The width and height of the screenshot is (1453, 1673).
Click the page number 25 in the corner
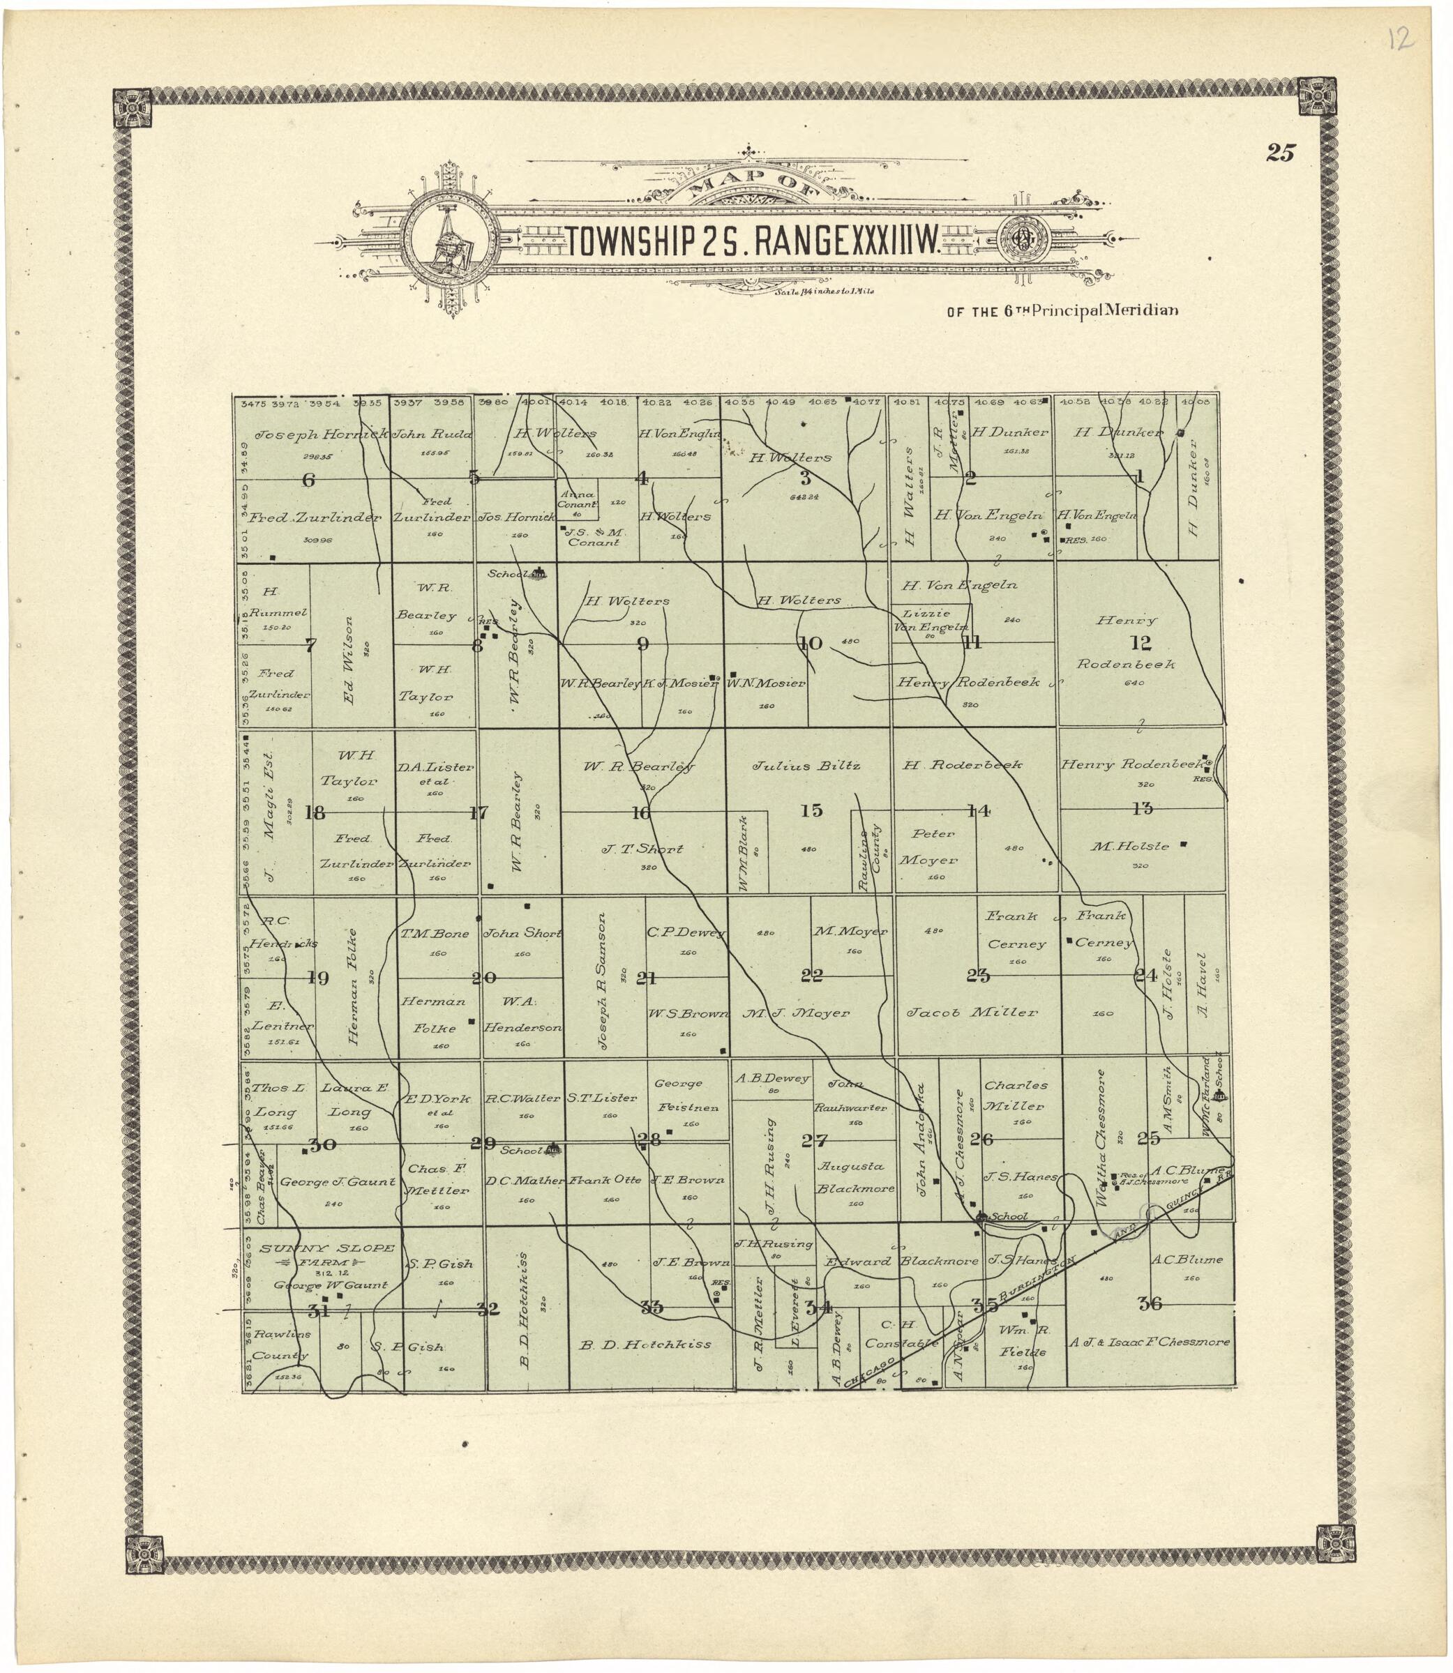1281,153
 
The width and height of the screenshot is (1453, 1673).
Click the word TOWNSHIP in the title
629,241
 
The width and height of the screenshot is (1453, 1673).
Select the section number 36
1150,1303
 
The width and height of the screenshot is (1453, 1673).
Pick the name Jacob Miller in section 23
972,1013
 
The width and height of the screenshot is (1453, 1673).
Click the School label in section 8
506,574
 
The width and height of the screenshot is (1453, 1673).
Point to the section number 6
308,479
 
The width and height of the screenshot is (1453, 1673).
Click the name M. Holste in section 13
1129,846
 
